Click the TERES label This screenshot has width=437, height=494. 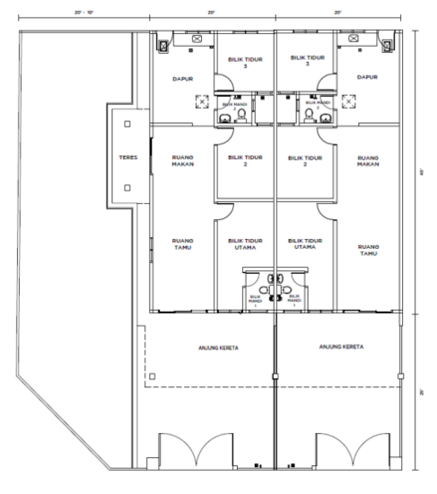[x=127, y=158]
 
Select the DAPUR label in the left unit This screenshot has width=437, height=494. [x=182, y=78]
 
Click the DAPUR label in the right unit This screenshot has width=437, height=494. [x=367, y=77]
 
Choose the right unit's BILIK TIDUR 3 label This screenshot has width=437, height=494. [x=306, y=59]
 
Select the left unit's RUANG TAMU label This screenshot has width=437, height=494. [x=182, y=244]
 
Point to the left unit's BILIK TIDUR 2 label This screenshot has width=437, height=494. [x=244, y=161]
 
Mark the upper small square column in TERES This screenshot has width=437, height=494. [x=127, y=123]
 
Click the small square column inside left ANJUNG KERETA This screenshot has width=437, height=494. [x=153, y=375]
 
